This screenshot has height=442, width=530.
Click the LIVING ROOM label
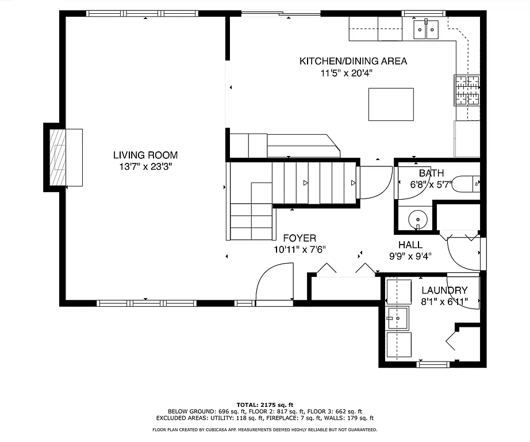click(145, 155)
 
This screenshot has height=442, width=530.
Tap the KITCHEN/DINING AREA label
click(353, 61)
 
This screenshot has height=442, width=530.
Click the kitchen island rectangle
click(391, 104)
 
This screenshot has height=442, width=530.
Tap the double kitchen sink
click(426, 28)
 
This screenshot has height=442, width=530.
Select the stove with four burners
click(467, 91)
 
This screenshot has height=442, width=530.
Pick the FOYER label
click(299, 238)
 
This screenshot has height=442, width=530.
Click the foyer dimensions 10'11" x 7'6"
click(299, 250)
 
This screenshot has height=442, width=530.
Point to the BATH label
click(431, 173)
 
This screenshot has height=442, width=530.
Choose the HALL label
click(410, 245)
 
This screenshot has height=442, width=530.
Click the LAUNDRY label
click(444, 291)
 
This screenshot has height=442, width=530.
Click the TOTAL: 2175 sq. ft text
click(265, 405)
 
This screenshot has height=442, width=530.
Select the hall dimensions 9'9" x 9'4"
click(410, 257)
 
